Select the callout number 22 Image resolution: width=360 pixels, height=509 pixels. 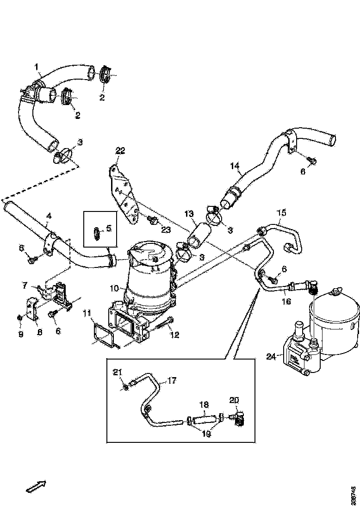(120, 150)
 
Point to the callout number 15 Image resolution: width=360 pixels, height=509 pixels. (281, 213)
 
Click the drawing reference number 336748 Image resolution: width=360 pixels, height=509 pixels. (354, 495)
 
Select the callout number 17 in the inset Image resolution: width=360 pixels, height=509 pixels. (172, 381)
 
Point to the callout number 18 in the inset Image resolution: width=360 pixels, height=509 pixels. (204, 404)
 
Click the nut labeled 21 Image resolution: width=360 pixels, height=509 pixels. (126, 385)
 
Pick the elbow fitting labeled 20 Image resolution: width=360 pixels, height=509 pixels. (239, 419)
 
